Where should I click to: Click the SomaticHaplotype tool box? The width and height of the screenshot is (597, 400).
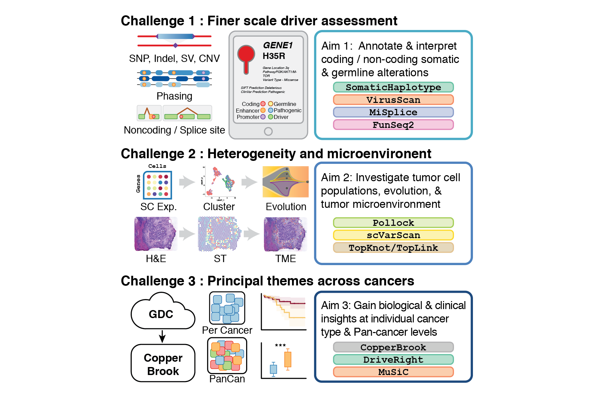393,87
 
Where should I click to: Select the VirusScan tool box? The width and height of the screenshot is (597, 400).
393,100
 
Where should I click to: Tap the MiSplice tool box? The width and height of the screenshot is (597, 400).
393,112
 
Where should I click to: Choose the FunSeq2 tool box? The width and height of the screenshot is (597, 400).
393,125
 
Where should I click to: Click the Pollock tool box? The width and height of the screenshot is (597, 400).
393,222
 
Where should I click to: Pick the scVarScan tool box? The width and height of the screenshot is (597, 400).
393,235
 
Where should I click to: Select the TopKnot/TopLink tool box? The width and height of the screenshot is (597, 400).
393,248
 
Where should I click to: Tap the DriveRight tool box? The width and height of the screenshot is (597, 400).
393,360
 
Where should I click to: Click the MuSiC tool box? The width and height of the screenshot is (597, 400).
393,372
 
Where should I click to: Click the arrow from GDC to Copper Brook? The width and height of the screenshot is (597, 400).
162,336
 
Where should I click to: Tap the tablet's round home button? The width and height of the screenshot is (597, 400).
268,131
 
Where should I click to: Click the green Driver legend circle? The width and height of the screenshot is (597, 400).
271,117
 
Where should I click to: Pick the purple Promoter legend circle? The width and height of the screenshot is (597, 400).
263,117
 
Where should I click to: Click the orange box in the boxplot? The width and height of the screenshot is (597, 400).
288,359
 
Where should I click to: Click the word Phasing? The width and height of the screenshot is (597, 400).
174,96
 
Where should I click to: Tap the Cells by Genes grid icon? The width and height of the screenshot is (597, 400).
157,185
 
